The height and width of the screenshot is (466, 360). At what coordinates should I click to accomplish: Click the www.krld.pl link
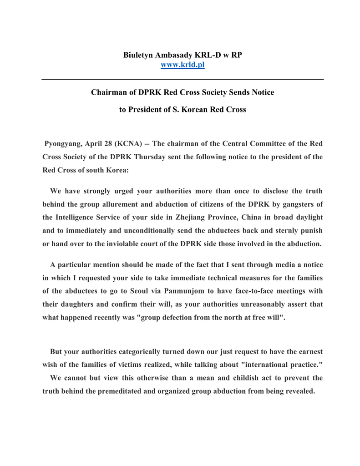click(x=183, y=65)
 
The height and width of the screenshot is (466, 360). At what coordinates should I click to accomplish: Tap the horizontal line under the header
click(x=183, y=80)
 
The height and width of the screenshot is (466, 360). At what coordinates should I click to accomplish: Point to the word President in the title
click(x=149, y=110)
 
